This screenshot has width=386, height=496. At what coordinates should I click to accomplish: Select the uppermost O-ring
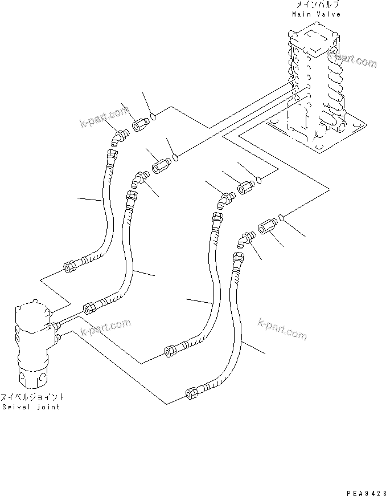click(x=154, y=118)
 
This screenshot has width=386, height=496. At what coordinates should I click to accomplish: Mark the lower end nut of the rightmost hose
click(x=191, y=392)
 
